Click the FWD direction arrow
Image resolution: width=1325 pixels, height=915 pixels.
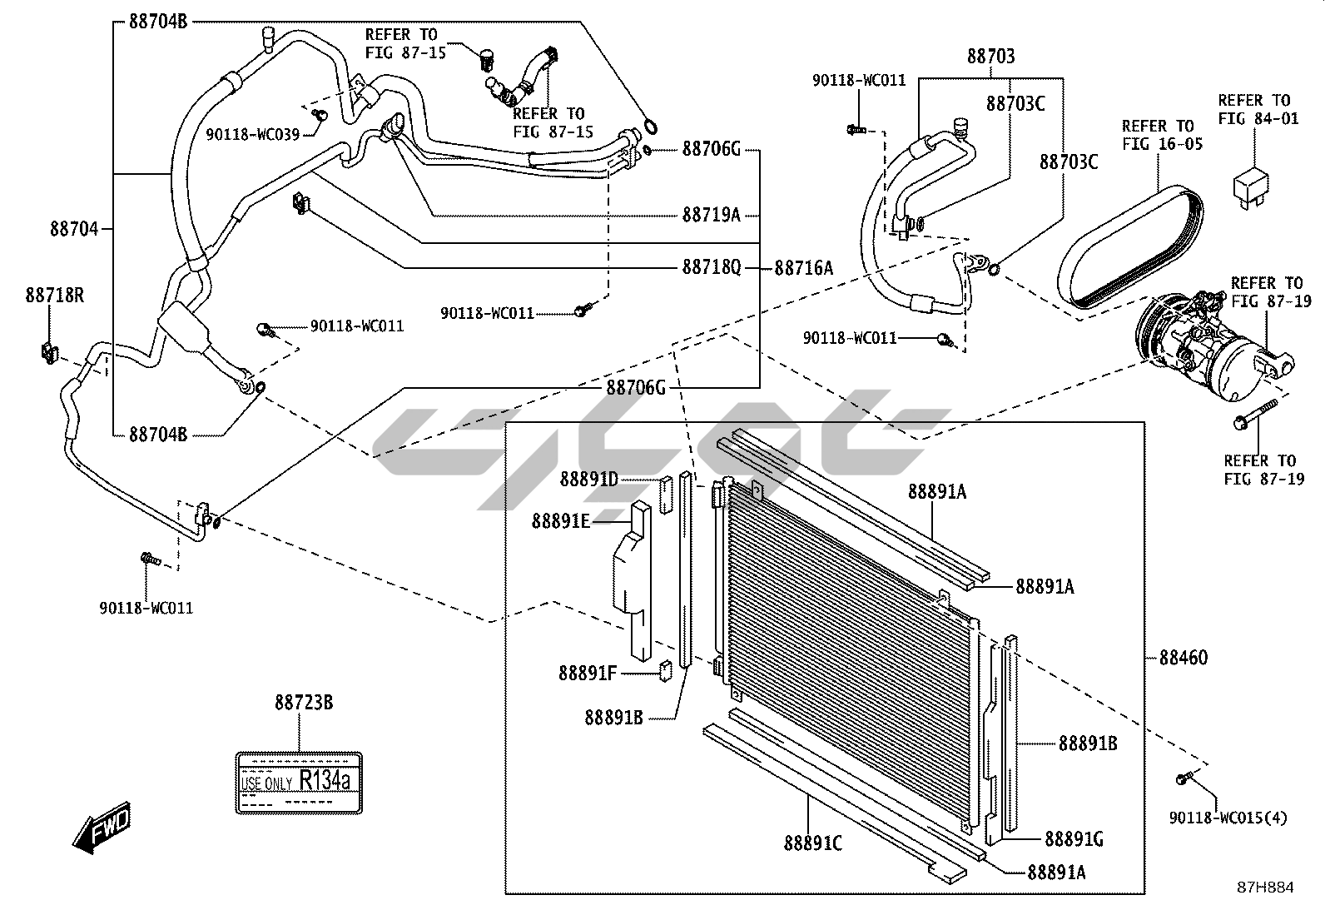coord(102,828)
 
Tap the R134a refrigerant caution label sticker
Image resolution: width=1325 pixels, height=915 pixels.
coord(299,783)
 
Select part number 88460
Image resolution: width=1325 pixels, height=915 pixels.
coord(1183,658)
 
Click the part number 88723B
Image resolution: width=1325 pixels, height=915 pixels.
coord(304,703)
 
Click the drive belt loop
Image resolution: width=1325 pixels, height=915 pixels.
coord(1130,247)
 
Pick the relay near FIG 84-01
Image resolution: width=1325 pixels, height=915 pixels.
coord(1250,187)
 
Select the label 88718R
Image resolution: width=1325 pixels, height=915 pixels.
coord(54,295)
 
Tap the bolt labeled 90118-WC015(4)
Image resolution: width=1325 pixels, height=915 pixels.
coord(1181,779)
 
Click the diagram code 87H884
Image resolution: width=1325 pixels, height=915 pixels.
coord(1265,888)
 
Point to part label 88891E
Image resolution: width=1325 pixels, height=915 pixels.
coord(561,521)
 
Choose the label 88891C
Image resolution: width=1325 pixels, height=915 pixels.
coord(813,843)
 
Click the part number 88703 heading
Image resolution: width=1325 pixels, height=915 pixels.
coord(990,57)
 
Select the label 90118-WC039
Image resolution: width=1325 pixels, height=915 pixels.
coord(252,135)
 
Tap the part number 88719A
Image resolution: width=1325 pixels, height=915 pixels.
coord(711,215)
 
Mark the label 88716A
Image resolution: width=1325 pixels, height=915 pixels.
coord(803,268)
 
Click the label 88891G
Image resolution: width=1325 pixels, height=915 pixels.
coord(1074,839)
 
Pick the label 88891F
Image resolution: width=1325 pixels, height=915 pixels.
coord(588,674)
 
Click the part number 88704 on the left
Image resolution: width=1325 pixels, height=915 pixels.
coord(74,229)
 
